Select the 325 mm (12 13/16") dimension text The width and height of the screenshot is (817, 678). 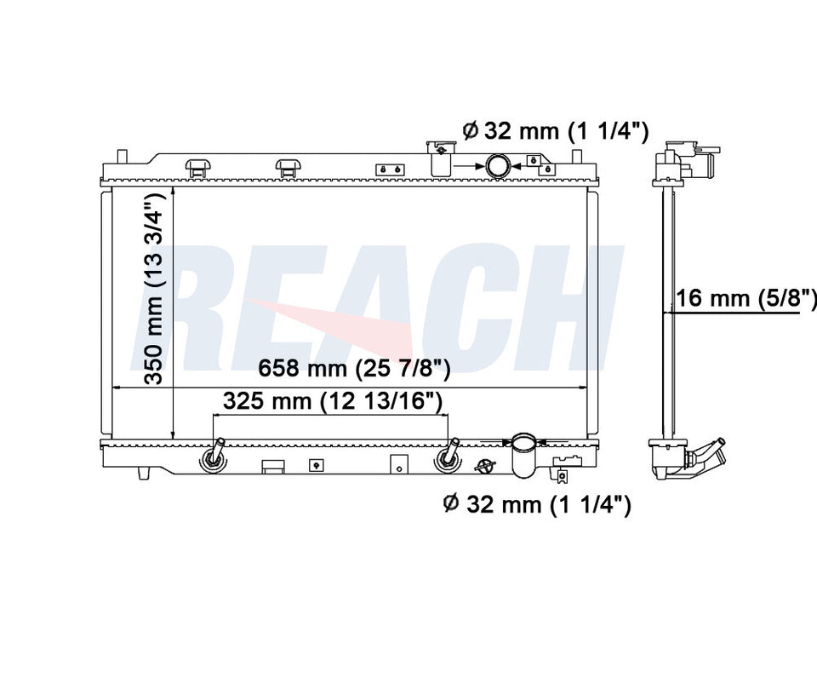[333, 401]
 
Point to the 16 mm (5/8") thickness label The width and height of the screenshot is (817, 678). [746, 298]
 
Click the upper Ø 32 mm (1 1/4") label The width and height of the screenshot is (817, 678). [556, 130]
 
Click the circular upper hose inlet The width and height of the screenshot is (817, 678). [499, 166]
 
